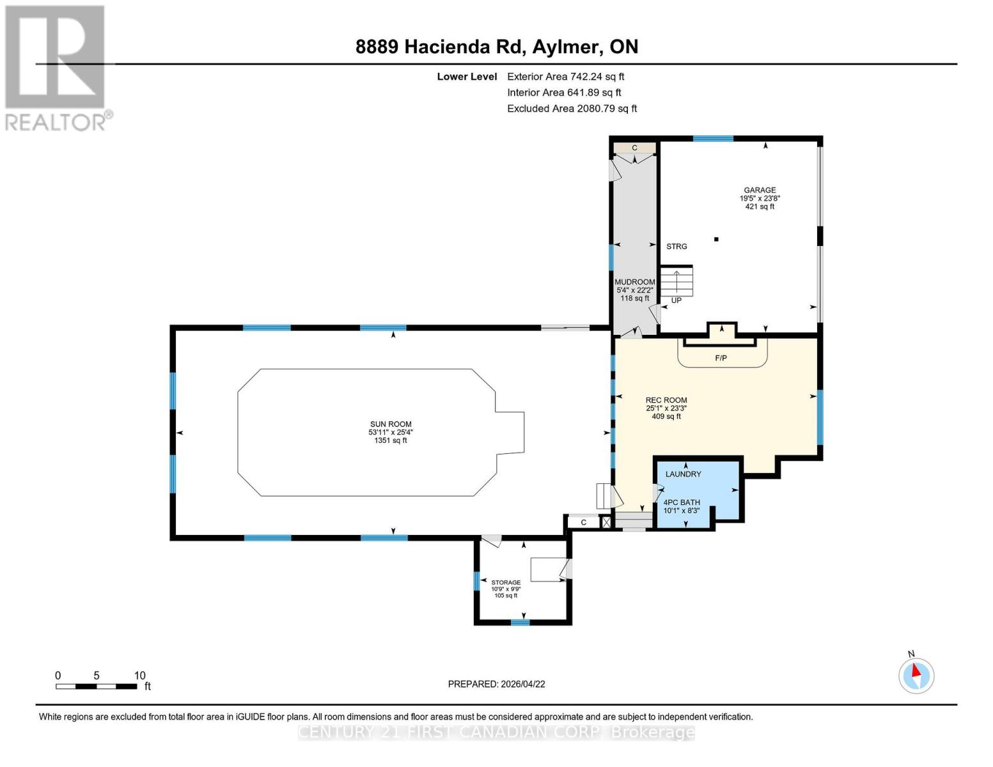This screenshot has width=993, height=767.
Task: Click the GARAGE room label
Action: pos(760,190)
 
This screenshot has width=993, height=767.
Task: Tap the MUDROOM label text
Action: pos(634,282)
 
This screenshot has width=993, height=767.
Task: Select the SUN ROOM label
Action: pos(391,424)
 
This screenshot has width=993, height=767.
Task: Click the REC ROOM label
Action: pos(666,400)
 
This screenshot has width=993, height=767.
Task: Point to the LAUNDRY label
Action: pos(683,474)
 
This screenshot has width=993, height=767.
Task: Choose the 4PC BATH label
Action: pos(682,502)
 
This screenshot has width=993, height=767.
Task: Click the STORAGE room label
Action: pos(506,583)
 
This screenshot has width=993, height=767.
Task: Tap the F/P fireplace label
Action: pos(721,358)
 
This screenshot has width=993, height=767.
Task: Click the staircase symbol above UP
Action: pos(676,281)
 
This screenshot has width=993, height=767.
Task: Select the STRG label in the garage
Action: pos(676,247)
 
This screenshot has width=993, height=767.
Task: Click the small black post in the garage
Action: pos(716,240)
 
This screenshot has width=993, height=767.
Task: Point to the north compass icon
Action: pos(916,675)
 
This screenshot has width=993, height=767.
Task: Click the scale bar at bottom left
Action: pos(96,686)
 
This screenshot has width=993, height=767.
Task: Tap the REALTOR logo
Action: pos(56,67)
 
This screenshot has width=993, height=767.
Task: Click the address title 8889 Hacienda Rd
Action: pos(497,47)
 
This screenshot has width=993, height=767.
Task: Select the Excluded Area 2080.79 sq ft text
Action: pos(572,109)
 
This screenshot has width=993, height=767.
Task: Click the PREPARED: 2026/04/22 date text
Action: pos(496,684)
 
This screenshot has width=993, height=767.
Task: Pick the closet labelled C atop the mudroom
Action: pos(634,148)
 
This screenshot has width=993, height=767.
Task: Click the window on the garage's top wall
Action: pos(713,139)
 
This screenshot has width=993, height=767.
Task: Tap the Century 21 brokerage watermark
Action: pos(496,732)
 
